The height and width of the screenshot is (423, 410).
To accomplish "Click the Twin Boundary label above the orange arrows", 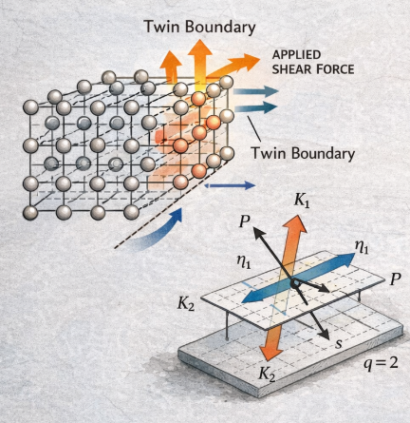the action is click(199, 27).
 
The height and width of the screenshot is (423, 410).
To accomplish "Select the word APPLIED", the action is click(296, 55).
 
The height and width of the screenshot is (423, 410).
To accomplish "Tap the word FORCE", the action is click(335, 69).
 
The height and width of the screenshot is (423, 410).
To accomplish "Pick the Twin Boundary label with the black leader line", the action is click(303, 153).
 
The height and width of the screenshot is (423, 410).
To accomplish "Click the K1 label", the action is click(302, 201).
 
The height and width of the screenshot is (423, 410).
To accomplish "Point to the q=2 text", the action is click(381, 363).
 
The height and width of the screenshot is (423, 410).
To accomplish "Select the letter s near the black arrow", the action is click(339, 343).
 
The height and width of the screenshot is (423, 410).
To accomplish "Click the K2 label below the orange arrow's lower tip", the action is click(267, 373).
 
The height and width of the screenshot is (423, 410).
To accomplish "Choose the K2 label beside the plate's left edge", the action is click(186, 303).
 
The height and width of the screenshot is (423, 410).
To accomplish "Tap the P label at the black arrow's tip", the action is click(245, 221).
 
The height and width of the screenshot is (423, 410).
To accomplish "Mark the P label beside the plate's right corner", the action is click(395, 279).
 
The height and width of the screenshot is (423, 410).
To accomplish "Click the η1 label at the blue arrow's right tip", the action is click(362, 247).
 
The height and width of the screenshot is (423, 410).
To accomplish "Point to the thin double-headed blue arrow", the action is click(230, 185).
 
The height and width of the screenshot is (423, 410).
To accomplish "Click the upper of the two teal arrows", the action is click(255, 91).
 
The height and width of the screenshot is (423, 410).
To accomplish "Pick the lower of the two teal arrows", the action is click(255, 107).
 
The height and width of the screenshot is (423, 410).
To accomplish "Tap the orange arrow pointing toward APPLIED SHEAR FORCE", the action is click(233, 67).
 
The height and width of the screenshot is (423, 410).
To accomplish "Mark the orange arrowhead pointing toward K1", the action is click(296, 224).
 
